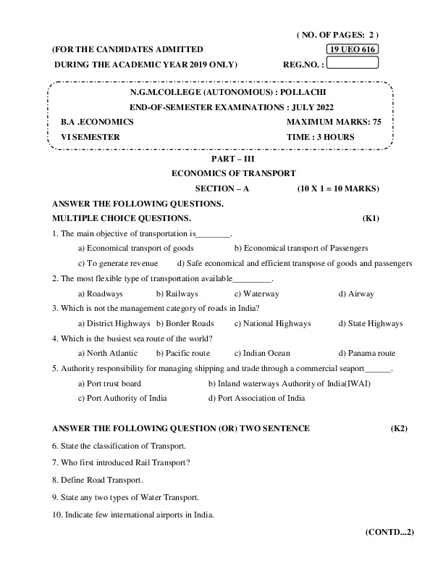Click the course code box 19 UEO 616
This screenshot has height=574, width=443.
(353, 49)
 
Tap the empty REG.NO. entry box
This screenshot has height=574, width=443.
(353, 62)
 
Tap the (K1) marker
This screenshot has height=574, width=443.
(371, 218)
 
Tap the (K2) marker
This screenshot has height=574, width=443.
(399, 428)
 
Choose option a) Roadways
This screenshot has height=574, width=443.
(100, 294)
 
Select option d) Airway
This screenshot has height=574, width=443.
(356, 294)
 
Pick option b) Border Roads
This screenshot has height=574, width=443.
(185, 323)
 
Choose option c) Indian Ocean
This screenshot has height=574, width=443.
(262, 353)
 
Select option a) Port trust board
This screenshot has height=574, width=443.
(109, 383)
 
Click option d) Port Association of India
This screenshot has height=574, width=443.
(256, 398)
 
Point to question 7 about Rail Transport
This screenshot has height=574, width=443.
(115, 462)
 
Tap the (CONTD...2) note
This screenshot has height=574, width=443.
(389, 532)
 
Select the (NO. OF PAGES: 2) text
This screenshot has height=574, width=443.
(337, 34)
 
